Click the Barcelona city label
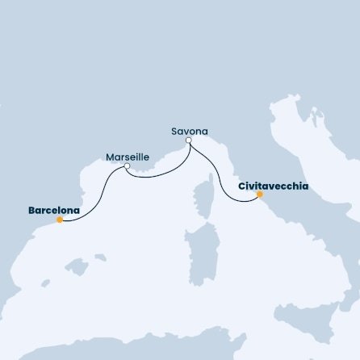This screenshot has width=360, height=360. [x=54, y=211]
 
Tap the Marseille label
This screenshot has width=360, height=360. [x=127, y=157]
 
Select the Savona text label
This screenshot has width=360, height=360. [x=190, y=130]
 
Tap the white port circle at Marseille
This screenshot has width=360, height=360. [x=128, y=167]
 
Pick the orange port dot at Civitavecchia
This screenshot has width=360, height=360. [x=259, y=194]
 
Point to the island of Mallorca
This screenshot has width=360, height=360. [x=76, y=266]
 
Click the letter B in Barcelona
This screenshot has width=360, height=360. [x=31, y=211]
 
